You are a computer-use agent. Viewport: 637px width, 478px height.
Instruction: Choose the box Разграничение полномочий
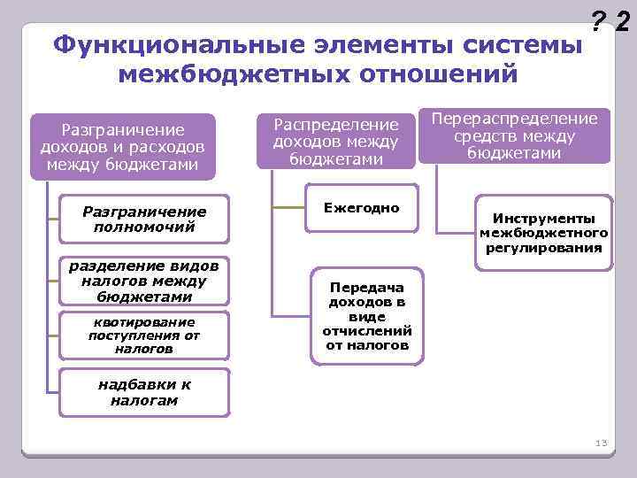click(x=143, y=219)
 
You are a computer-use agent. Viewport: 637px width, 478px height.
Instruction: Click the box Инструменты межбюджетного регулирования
click(x=543, y=233)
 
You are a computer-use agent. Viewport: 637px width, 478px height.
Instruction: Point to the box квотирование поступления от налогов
click(x=143, y=335)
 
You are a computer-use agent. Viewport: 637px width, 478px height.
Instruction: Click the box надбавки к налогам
click(x=143, y=392)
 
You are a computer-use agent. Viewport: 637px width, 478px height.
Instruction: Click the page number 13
click(x=602, y=443)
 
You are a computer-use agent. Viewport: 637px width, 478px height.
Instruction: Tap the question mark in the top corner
click(x=598, y=21)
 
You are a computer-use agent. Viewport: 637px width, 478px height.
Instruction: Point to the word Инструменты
click(x=543, y=219)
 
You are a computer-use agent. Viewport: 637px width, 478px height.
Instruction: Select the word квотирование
click(x=143, y=321)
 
